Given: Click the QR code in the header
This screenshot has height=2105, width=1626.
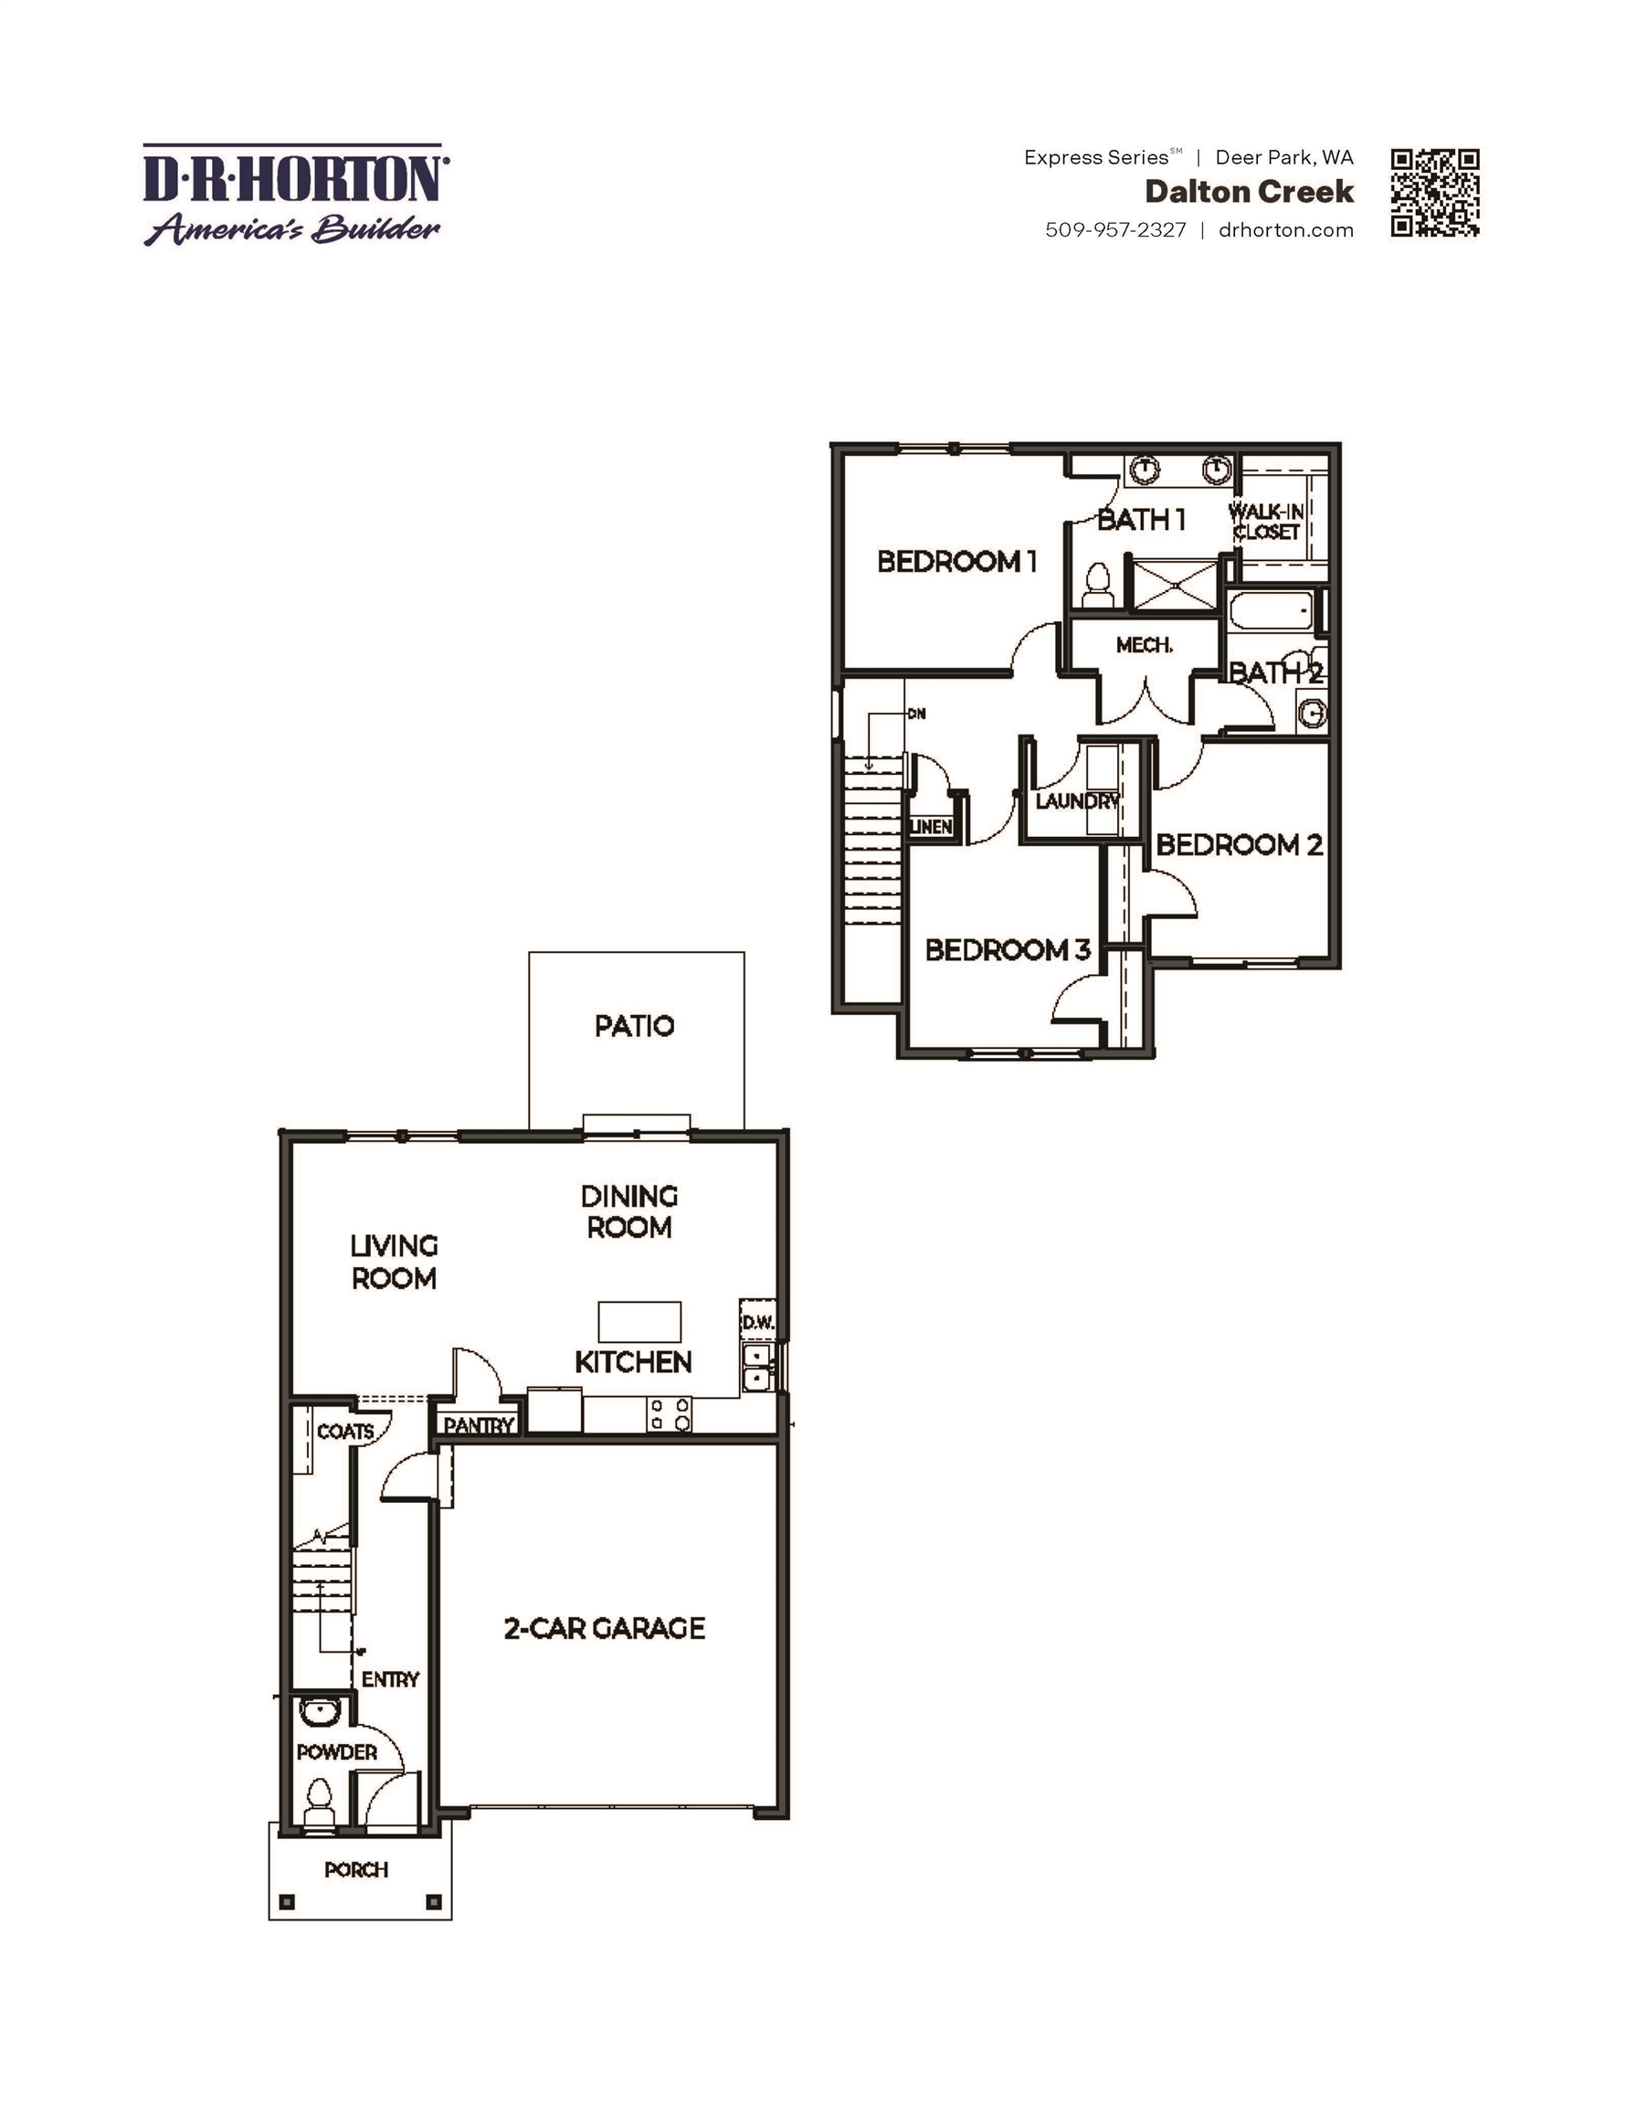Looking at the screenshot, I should [x=1434, y=193].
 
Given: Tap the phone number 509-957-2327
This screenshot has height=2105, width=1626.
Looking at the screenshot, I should [x=1115, y=230].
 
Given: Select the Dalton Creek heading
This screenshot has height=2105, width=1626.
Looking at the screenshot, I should [x=1248, y=192].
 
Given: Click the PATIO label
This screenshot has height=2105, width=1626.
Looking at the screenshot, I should [x=634, y=1025].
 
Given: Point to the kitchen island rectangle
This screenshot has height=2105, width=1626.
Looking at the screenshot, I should [x=639, y=1321].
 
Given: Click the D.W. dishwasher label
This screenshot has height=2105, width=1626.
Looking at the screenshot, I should [x=757, y=1323].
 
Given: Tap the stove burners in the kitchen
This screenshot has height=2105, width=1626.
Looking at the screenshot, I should [x=669, y=1414].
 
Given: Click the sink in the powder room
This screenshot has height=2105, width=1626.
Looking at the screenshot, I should [x=318, y=1713].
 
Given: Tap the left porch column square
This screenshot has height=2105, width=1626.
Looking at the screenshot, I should [x=286, y=1901].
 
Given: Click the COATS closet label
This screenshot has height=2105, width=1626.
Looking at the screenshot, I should [x=344, y=1432].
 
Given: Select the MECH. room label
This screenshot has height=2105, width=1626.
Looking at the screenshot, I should [x=1144, y=645].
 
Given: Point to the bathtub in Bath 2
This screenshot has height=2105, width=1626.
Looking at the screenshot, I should [x=1272, y=611].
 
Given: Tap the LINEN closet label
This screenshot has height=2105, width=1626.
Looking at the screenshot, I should [x=931, y=827].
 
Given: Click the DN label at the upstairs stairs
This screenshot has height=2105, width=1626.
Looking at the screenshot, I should [x=916, y=714].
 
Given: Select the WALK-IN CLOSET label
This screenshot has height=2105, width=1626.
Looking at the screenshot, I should [x=1266, y=522].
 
